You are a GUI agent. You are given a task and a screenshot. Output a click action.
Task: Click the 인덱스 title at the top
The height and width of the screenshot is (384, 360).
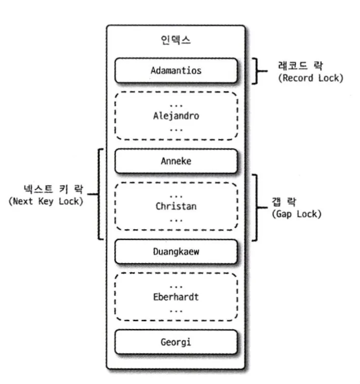[x=176, y=41]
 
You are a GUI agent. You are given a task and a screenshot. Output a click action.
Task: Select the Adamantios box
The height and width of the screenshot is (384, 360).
[x=176, y=70]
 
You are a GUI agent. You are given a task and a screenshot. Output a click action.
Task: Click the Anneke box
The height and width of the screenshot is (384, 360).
[x=176, y=161]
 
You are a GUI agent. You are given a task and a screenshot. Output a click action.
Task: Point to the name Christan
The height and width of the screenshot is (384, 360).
[x=176, y=206]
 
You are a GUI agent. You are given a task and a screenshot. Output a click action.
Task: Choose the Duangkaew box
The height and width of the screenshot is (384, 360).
[x=176, y=251]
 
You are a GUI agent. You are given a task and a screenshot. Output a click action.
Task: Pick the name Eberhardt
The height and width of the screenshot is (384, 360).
[x=176, y=297]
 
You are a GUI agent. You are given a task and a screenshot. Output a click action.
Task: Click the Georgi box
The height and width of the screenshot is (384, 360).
[x=176, y=342]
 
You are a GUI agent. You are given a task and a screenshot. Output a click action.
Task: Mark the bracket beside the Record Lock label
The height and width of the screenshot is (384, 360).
[x=258, y=70]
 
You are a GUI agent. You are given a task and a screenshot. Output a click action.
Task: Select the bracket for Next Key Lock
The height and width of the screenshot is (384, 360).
[x=99, y=193]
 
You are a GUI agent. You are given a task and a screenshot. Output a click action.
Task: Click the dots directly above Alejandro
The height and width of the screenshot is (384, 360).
[x=176, y=105]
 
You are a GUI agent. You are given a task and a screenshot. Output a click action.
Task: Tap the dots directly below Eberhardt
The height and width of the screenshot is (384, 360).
[x=176, y=309]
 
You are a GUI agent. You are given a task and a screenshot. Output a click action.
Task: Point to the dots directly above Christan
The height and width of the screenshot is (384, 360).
[x=176, y=195]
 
